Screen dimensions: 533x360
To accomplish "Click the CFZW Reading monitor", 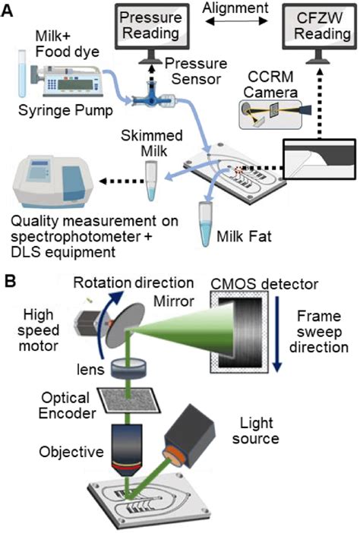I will click(319, 29).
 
